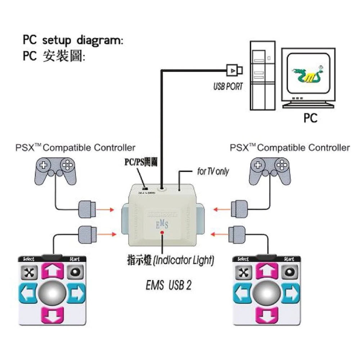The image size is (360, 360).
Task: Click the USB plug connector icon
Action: (234, 69)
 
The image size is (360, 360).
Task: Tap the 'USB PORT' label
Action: (228, 87)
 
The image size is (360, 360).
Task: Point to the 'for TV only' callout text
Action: (213, 171)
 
